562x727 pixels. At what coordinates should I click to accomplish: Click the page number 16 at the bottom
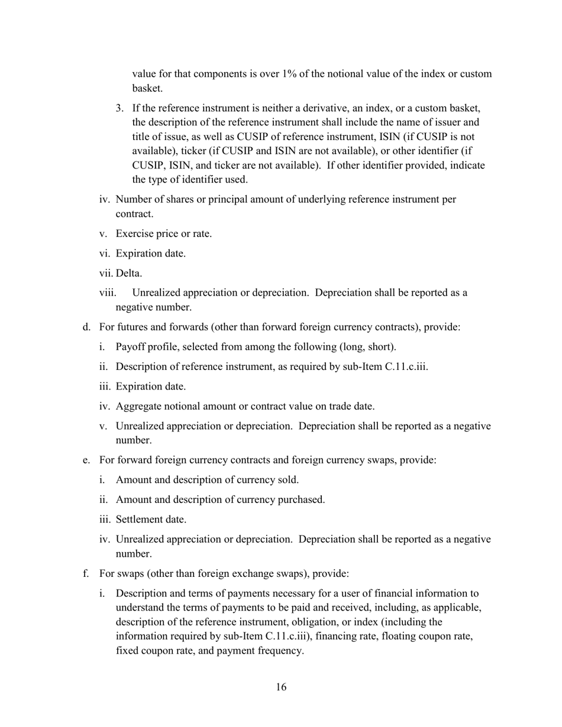pos(281,687)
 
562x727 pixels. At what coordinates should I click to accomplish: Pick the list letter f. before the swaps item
pos(86,573)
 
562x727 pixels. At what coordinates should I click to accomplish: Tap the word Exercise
pos(134,233)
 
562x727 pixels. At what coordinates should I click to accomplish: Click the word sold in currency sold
pos(286,479)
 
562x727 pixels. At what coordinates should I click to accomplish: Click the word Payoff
pos(131,346)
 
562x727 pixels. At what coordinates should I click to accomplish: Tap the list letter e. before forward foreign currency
pos(86,459)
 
